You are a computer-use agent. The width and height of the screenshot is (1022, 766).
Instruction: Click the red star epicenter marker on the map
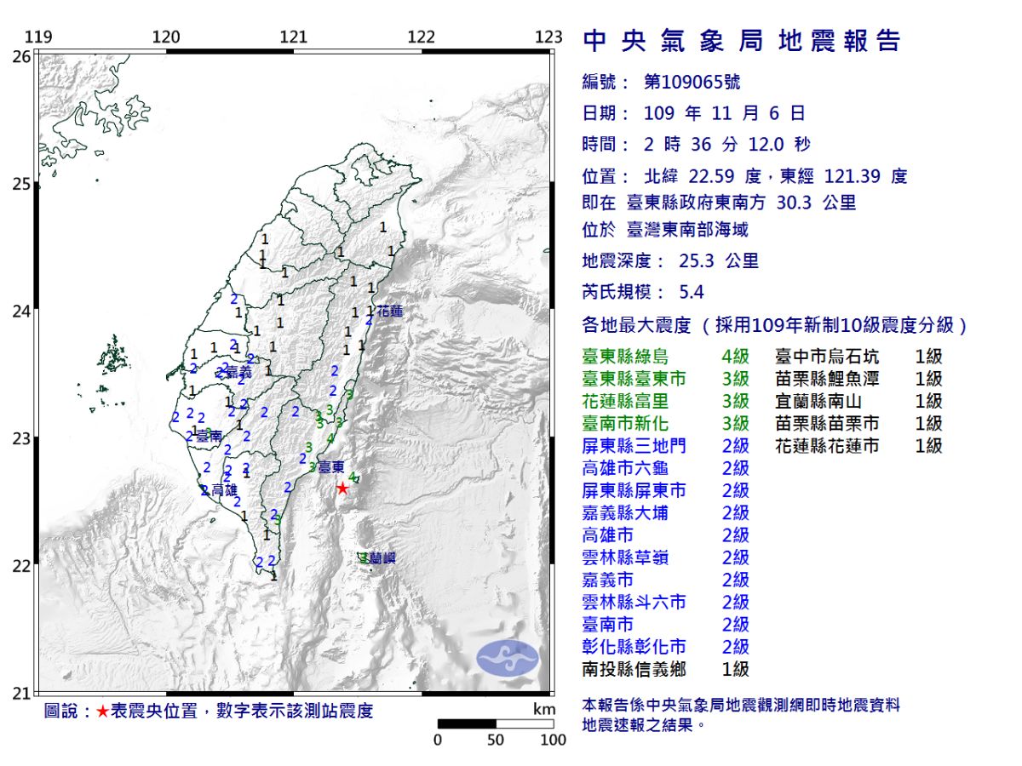(342, 489)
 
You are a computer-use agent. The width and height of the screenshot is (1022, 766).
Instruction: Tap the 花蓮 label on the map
(390, 312)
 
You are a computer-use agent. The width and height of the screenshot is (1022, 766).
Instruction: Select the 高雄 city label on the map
(224, 490)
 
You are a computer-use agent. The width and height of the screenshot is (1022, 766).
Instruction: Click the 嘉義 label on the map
(239, 372)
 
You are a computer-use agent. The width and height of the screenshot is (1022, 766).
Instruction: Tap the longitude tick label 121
(294, 37)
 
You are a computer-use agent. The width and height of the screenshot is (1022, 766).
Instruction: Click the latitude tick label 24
(21, 312)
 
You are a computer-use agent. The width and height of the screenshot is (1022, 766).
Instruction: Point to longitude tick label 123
(549, 37)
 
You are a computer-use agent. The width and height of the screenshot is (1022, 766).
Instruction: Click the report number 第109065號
(692, 82)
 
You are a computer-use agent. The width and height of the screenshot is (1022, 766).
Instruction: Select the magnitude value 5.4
(692, 292)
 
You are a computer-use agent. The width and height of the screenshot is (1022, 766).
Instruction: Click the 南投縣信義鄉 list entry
(634, 669)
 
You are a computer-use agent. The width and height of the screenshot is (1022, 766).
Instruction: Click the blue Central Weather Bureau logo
(508, 658)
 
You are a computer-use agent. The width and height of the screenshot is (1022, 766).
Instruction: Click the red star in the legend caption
(102, 712)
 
